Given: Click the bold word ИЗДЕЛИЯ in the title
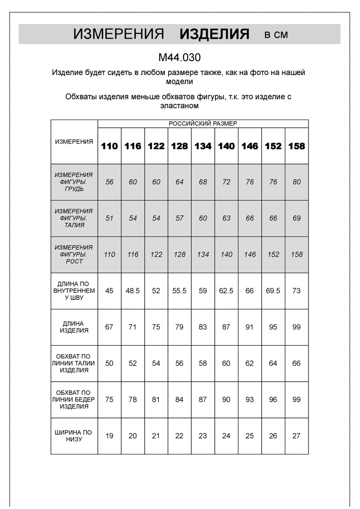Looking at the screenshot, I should click(215, 34).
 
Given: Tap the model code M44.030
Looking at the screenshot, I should click(179, 57).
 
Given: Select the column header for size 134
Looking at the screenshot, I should click(203, 146).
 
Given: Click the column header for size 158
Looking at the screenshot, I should click(296, 146).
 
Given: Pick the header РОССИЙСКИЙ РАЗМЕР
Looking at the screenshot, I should click(203, 123).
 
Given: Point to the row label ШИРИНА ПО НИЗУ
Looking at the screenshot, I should click(74, 436).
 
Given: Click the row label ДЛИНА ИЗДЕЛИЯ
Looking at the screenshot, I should click(74, 327).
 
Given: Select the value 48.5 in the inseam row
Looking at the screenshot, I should click(133, 291).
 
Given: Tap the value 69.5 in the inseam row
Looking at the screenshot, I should click(273, 291).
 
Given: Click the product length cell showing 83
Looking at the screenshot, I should click(203, 327).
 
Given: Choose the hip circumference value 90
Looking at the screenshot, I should click(226, 400).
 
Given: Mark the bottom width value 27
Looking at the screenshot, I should click(296, 436).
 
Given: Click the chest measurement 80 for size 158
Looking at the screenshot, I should click(296, 182).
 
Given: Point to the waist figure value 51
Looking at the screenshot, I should click(109, 218).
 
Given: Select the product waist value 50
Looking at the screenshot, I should click(109, 364).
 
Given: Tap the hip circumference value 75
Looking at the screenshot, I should click(109, 400).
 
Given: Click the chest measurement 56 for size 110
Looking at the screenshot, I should click(109, 182).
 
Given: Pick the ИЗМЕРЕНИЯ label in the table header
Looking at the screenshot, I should click(74, 142).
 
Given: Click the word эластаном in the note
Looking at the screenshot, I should click(179, 106).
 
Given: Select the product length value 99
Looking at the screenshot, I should click(296, 327).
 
